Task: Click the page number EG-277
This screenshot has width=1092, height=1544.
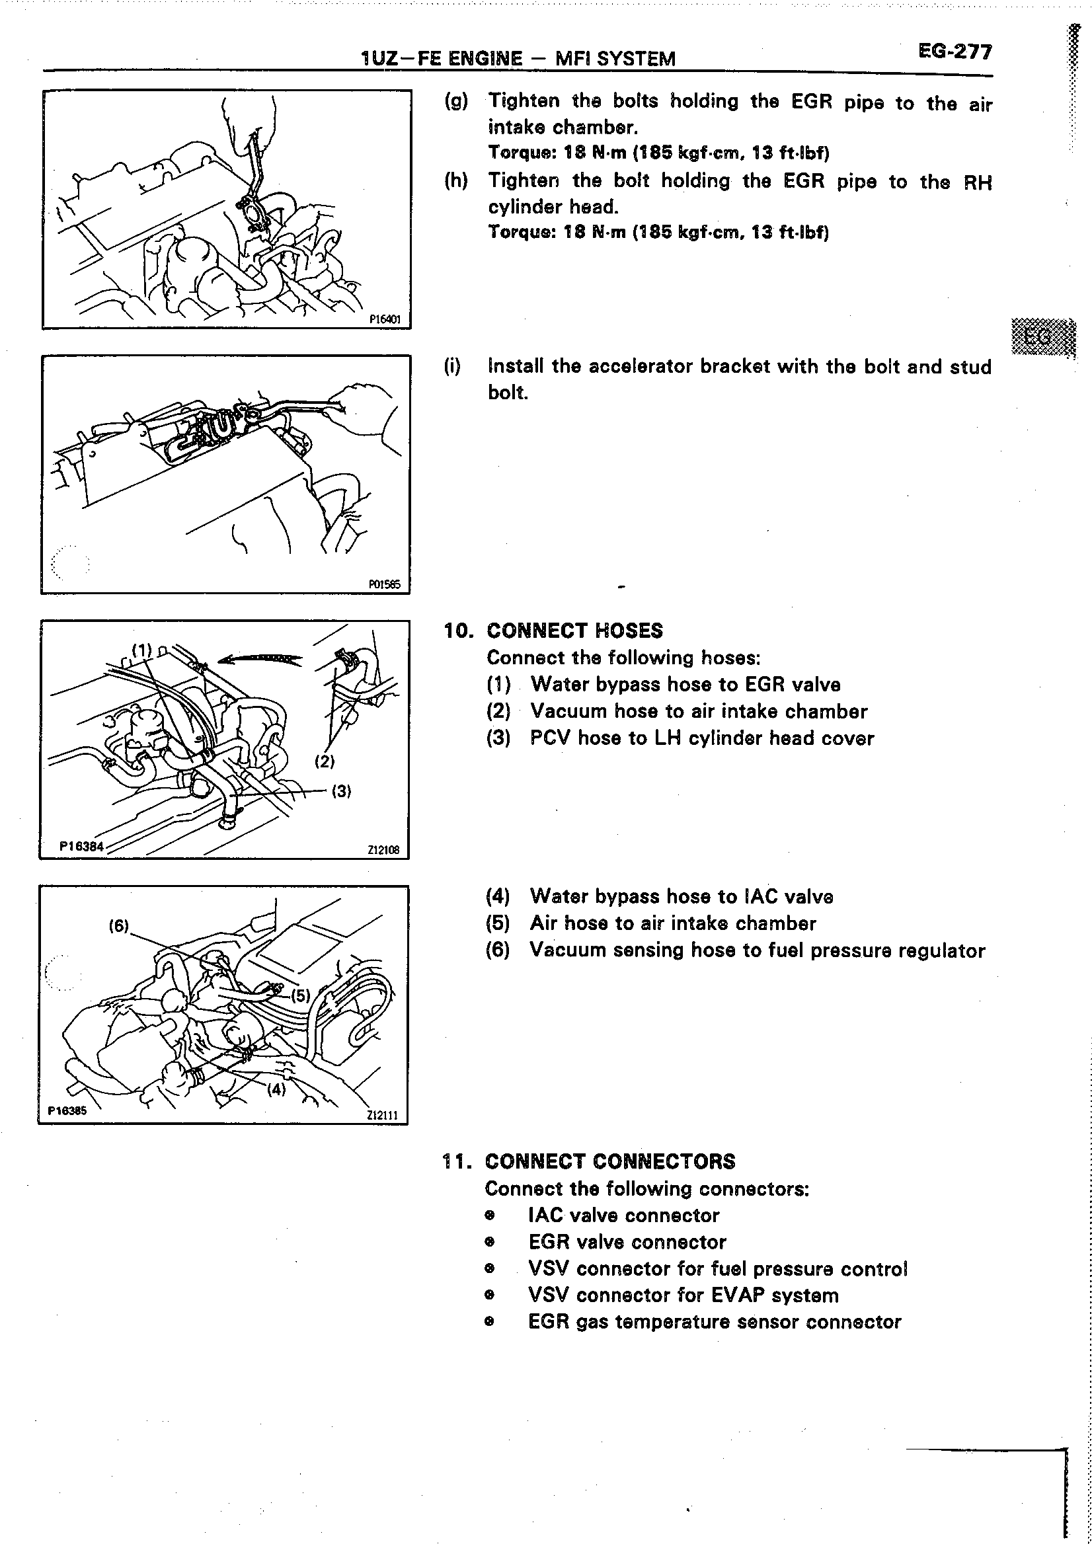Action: (x=954, y=52)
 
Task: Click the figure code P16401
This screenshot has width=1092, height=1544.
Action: (x=385, y=320)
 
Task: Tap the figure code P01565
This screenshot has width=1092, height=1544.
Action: (x=385, y=584)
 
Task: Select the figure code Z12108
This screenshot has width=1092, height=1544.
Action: (x=383, y=850)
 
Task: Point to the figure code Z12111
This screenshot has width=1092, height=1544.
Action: (x=383, y=1115)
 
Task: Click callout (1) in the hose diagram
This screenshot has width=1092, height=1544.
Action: (x=142, y=650)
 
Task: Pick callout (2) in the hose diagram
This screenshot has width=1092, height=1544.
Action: (x=325, y=761)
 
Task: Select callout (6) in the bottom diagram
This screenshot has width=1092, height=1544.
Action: (x=118, y=926)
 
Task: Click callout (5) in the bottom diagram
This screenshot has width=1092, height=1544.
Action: (x=301, y=995)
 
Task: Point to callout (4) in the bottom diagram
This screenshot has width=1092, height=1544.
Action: (x=276, y=1089)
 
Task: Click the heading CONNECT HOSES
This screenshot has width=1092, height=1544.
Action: (x=574, y=631)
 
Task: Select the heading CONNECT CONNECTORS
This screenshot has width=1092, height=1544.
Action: (x=610, y=1161)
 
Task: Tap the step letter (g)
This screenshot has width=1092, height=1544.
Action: (x=456, y=102)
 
